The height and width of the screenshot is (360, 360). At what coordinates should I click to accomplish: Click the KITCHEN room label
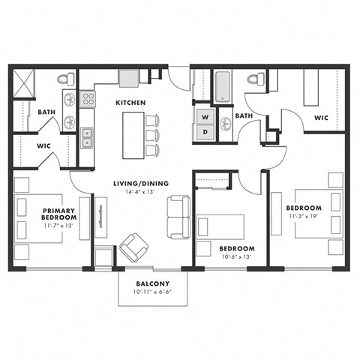(130, 102)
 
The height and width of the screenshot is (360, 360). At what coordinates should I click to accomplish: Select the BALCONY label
(150, 283)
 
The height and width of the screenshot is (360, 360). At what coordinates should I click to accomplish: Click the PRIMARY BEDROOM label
(58, 214)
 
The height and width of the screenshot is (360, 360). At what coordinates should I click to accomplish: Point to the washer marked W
(204, 118)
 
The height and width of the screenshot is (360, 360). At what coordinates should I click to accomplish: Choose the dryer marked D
(204, 132)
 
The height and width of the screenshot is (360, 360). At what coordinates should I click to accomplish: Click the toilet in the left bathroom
(70, 79)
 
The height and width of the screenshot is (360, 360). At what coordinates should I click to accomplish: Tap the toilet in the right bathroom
(255, 78)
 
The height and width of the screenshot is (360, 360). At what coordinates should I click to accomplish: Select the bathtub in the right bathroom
(223, 87)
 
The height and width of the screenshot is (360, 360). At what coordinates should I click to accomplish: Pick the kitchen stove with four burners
(88, 98)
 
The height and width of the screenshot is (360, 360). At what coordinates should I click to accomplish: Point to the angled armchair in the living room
(134, 247)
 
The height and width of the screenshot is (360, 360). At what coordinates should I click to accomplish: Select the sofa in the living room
(178, 217)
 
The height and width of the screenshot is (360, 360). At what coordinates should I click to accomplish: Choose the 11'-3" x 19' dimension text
(304, 217)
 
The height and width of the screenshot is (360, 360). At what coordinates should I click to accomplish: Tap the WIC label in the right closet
(321, 117)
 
